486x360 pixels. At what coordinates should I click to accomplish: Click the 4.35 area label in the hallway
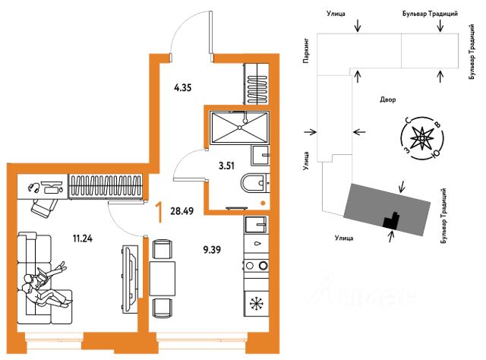pos(181,88)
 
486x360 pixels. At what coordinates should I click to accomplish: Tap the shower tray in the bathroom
pos(239,126)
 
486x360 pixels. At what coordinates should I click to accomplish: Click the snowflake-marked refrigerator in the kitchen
pos(257,305)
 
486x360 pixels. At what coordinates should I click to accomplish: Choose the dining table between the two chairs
pos(161,276)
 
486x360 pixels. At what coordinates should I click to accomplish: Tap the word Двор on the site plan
pos(388,99)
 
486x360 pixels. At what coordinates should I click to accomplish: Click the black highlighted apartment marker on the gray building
pos(392,220)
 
